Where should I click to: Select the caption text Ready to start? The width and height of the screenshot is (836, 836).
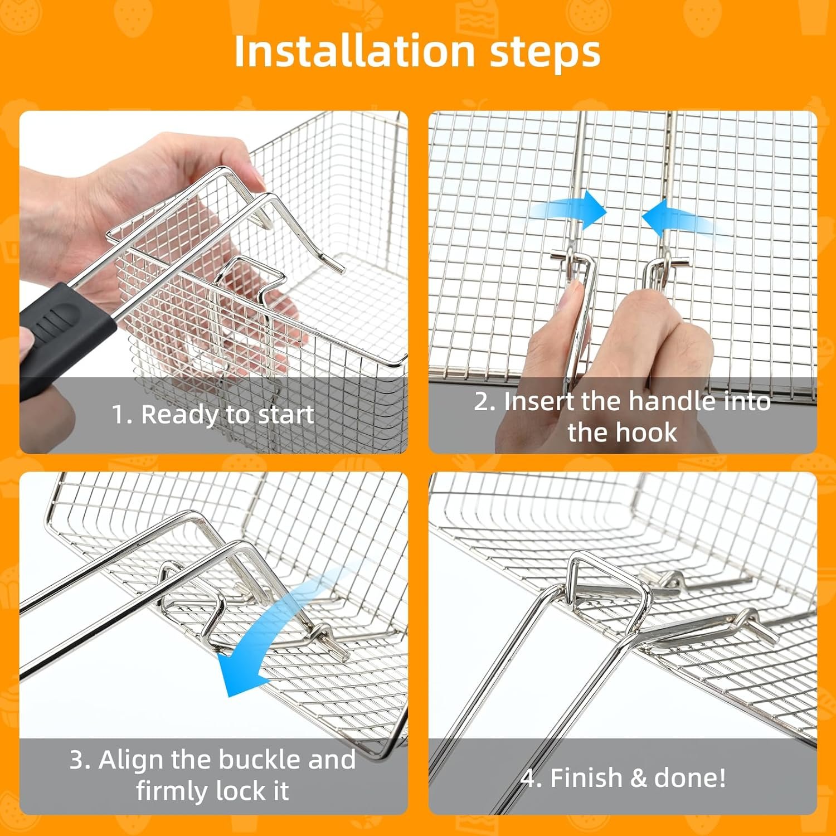coord(227,415)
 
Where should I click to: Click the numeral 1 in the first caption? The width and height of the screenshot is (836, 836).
coord(118,415)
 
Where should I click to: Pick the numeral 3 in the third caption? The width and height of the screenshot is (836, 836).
coord(76,760)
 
